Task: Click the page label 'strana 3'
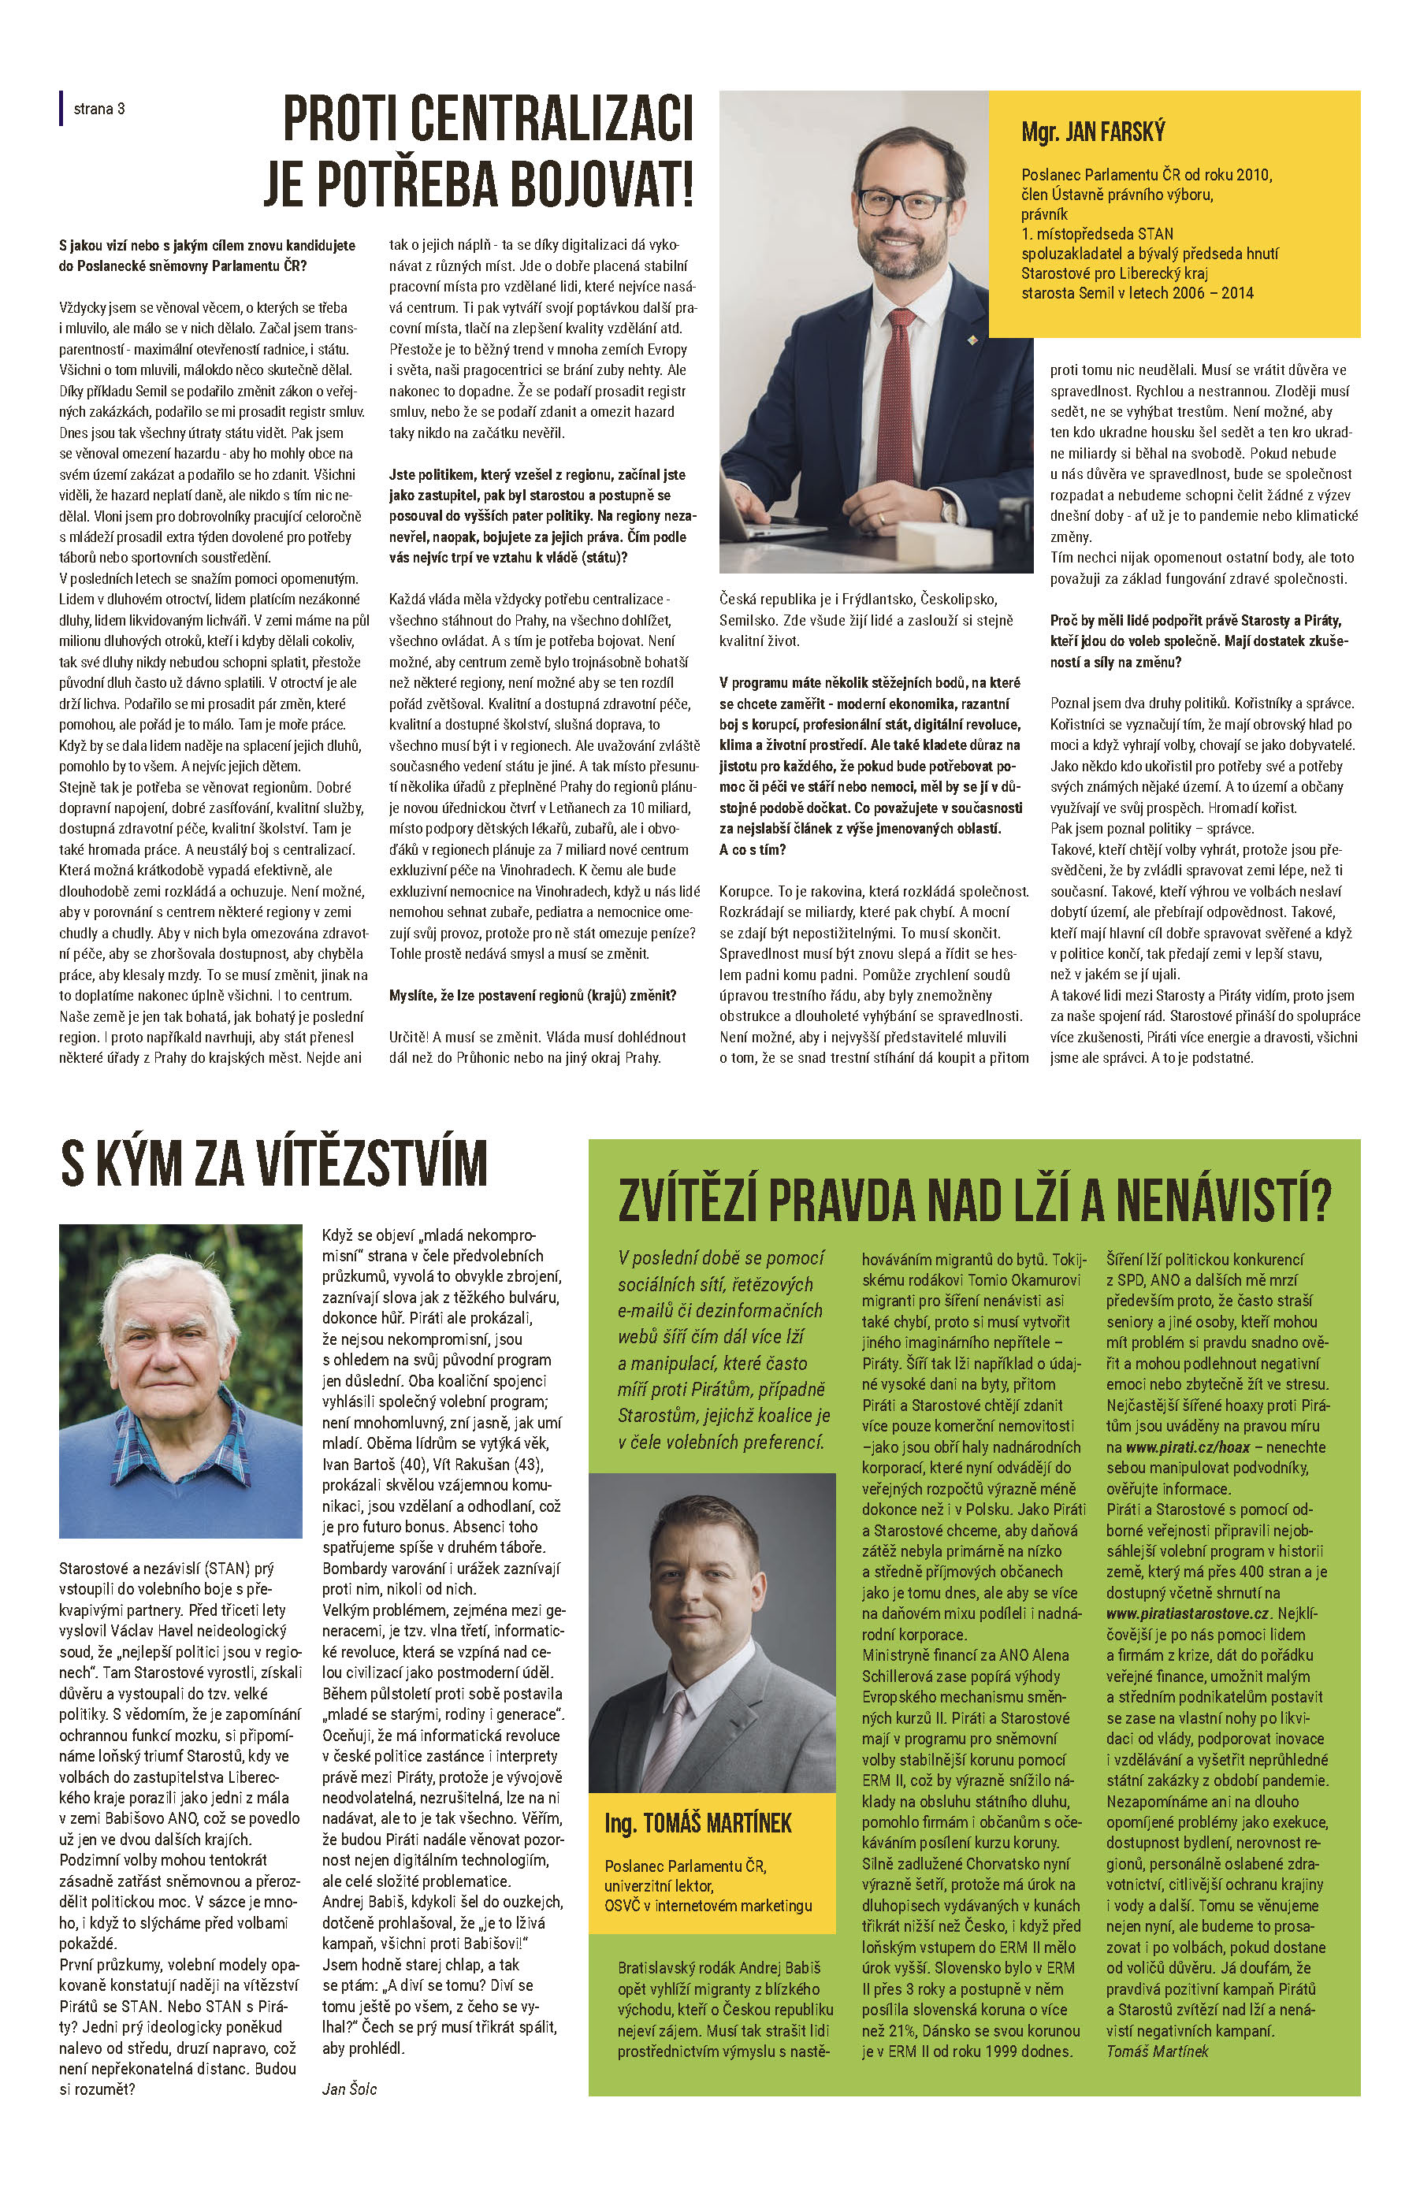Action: [x=99, y=110]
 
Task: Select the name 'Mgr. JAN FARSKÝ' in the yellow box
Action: [x=1093, y=132]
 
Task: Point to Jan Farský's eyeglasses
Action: [x=890, y=203]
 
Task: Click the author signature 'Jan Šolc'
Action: [x=349, y=2089]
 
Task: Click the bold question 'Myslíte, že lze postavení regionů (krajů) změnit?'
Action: [x=532, y=995]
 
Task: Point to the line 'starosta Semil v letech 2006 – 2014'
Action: [x=1137, y=293]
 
